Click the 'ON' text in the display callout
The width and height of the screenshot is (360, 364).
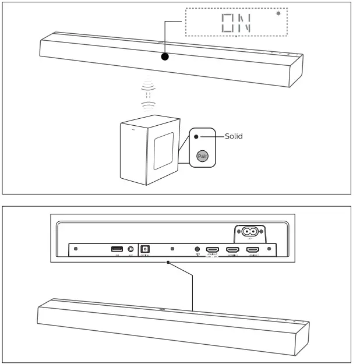(x=235, y=23)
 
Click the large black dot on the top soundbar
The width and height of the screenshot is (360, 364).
(x=165, y=57)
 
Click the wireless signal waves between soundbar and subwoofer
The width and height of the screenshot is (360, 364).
(x=149, y=96)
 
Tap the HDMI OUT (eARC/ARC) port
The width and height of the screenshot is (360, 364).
(x=213, y=249)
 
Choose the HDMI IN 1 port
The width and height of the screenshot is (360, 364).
(x=233, y=249)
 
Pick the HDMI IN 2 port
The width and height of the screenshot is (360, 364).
(x=253, y=249)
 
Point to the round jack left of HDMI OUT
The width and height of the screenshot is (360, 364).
(x=197, y=249)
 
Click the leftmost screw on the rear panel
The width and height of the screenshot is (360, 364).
(x=76, y=249)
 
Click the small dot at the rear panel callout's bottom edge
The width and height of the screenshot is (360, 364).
(x=168, y=263)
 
